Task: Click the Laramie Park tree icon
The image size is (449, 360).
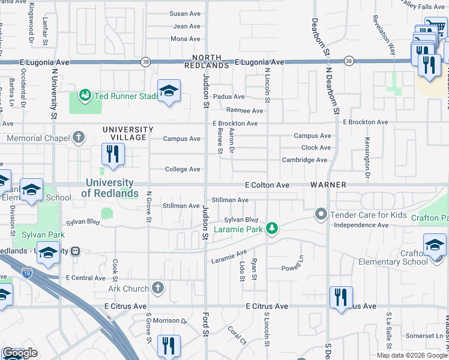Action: [x=273, y=228]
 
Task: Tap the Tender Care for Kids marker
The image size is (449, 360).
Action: [x=321, y=214]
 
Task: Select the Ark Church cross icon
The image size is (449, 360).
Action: [x=158, y=289]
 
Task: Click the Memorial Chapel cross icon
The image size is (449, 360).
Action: [x=78, y=138]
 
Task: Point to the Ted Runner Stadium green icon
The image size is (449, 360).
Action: [x=85, y=95]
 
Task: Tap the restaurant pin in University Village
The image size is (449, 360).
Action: [x=112, y=154]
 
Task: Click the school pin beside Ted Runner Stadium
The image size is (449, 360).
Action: [x=169, y=91]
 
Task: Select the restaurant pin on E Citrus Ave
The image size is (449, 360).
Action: [x=340, y=297]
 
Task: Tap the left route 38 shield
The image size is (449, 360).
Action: [x=146, y=61]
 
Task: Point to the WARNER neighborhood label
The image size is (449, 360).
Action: [x=328, y=185]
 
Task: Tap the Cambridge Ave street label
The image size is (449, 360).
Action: [x=305, y=160]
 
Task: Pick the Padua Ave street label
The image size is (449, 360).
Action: [x=231, y=97]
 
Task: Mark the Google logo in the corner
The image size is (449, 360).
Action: [x=20, y=353]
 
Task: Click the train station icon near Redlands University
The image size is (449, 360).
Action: [x=75, y=251]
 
